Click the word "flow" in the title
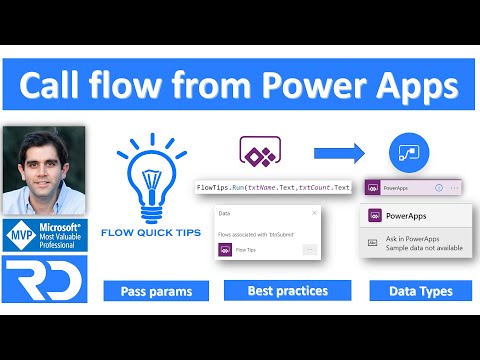coord(164,85)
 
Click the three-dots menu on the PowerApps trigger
coord(456,188)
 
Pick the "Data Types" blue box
coord(413,291)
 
